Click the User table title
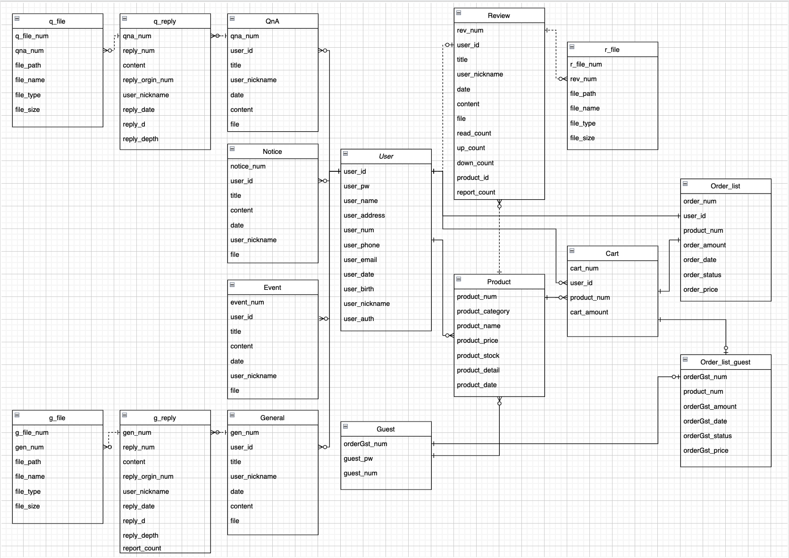pos(386,156)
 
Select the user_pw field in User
pos(356,186)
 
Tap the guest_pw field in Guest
pos(358,458)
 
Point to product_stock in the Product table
pos(478,355)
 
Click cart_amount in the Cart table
pos(589,312)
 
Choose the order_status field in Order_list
pos(702,275)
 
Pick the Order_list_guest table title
pos(725,362)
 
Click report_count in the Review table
pos(476,192)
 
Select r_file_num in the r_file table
pos(586,64)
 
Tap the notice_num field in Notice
pos(248,166)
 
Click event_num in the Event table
pos(247,302)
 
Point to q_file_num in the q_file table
pos(32,36)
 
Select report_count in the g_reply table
pos(142,548)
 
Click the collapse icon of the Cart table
pos(572,251)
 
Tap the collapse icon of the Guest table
pos(345,426)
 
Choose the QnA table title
pos(272,21)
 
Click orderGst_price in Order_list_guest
pos(705,450)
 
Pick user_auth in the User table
pos(359,319)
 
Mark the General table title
pos(272,418)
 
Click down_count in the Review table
pos(475,163)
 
